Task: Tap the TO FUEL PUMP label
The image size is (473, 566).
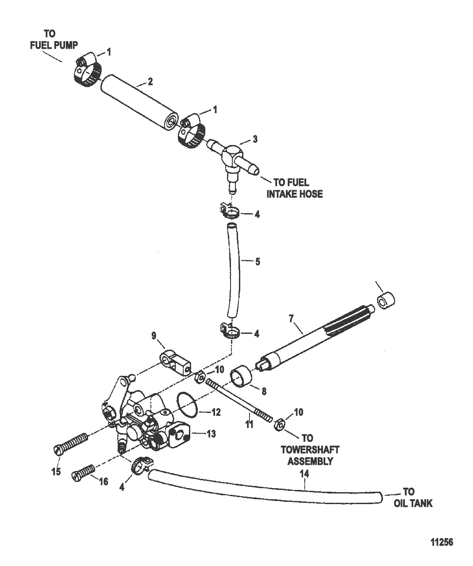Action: coord(54,40)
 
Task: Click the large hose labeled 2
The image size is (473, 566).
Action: coord(139,103)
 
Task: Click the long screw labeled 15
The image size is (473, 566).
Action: coord(71,444)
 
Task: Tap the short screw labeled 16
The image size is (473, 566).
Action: coord(83,472)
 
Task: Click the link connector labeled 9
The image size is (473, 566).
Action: coord(175,362)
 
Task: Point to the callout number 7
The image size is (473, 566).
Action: coord(291,319)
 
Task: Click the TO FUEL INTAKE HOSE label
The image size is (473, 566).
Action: coord(295,188)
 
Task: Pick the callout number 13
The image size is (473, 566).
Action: coord(211,434)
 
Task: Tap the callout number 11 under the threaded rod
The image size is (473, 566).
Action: coord(249,432)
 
